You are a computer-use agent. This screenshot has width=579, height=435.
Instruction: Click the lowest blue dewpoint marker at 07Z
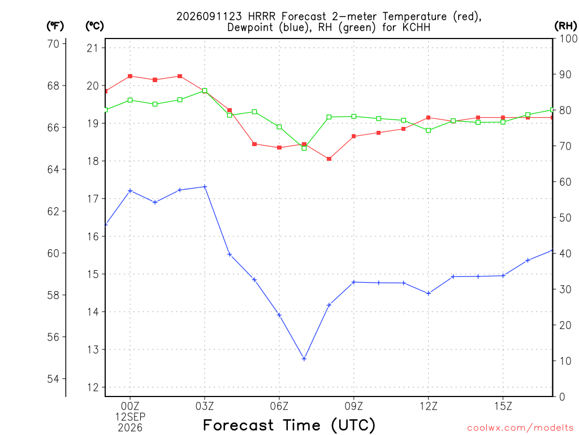point(304,359)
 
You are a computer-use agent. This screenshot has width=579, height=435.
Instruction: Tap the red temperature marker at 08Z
point(329,159)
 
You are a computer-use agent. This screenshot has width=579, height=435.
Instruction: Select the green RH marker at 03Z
point(205,91)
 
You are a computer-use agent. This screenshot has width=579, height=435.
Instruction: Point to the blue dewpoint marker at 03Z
point(205,187)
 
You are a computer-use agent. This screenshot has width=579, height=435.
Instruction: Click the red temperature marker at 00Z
point(130,76)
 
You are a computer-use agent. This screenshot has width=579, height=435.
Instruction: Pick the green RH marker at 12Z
point(429,130)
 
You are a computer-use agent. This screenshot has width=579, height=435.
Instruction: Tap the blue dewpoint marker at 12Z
point(429,293)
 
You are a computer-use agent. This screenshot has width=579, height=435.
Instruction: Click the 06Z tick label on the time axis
point(279,406)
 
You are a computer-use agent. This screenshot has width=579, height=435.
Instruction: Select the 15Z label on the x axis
point(503,406)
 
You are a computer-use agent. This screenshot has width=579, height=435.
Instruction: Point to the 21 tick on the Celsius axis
point(93,48)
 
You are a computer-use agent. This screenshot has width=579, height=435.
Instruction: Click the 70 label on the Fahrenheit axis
point(53,44)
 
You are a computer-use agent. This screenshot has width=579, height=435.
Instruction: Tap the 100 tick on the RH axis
point(568,39)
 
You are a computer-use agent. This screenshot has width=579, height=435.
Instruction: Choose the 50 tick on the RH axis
point(565,218)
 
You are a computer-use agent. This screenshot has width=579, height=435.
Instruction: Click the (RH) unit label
point(565,26)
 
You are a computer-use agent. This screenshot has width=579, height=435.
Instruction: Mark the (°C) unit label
point(94,26)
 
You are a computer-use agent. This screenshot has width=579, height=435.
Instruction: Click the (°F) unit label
point(55,26)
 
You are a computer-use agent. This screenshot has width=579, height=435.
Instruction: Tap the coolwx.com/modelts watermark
point(520,428)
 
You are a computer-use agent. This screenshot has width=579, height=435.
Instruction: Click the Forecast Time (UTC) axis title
point(289,425)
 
